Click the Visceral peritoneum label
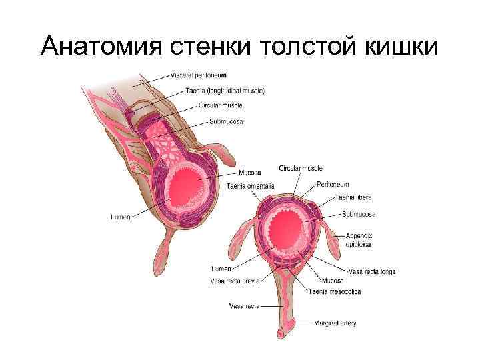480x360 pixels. coord(199,76)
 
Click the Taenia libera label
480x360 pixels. coord(354,198)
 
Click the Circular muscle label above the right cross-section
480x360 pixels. coord(301,168)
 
